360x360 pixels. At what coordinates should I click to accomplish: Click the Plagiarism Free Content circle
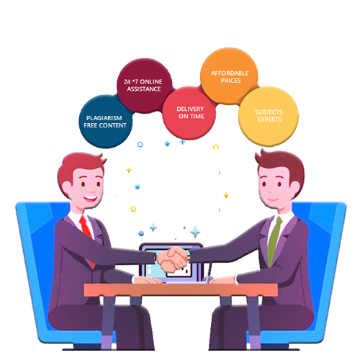(106, 122)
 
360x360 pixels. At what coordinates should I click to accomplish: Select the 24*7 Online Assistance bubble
(145, 86)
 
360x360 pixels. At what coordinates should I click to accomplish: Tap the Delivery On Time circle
(189, 113)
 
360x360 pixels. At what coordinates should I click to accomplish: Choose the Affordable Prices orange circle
(229, 76)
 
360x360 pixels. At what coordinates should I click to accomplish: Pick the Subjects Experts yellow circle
(269, 117)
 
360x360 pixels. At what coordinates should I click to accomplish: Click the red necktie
(86, 238)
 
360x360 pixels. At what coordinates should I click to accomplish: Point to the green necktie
(274, 240)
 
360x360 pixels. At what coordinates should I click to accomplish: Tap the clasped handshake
(172, 260)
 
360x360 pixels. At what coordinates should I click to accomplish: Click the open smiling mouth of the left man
(91, 199)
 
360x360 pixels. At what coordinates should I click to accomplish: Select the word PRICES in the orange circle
(230, 81)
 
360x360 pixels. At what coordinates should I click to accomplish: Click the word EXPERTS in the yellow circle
(269, 120)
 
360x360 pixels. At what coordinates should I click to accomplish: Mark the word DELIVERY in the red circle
(190, 109)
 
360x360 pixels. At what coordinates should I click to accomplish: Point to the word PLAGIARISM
(104, 118)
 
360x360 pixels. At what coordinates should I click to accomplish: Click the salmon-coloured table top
(181, 289)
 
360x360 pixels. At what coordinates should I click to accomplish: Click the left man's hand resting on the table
(147, 279)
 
